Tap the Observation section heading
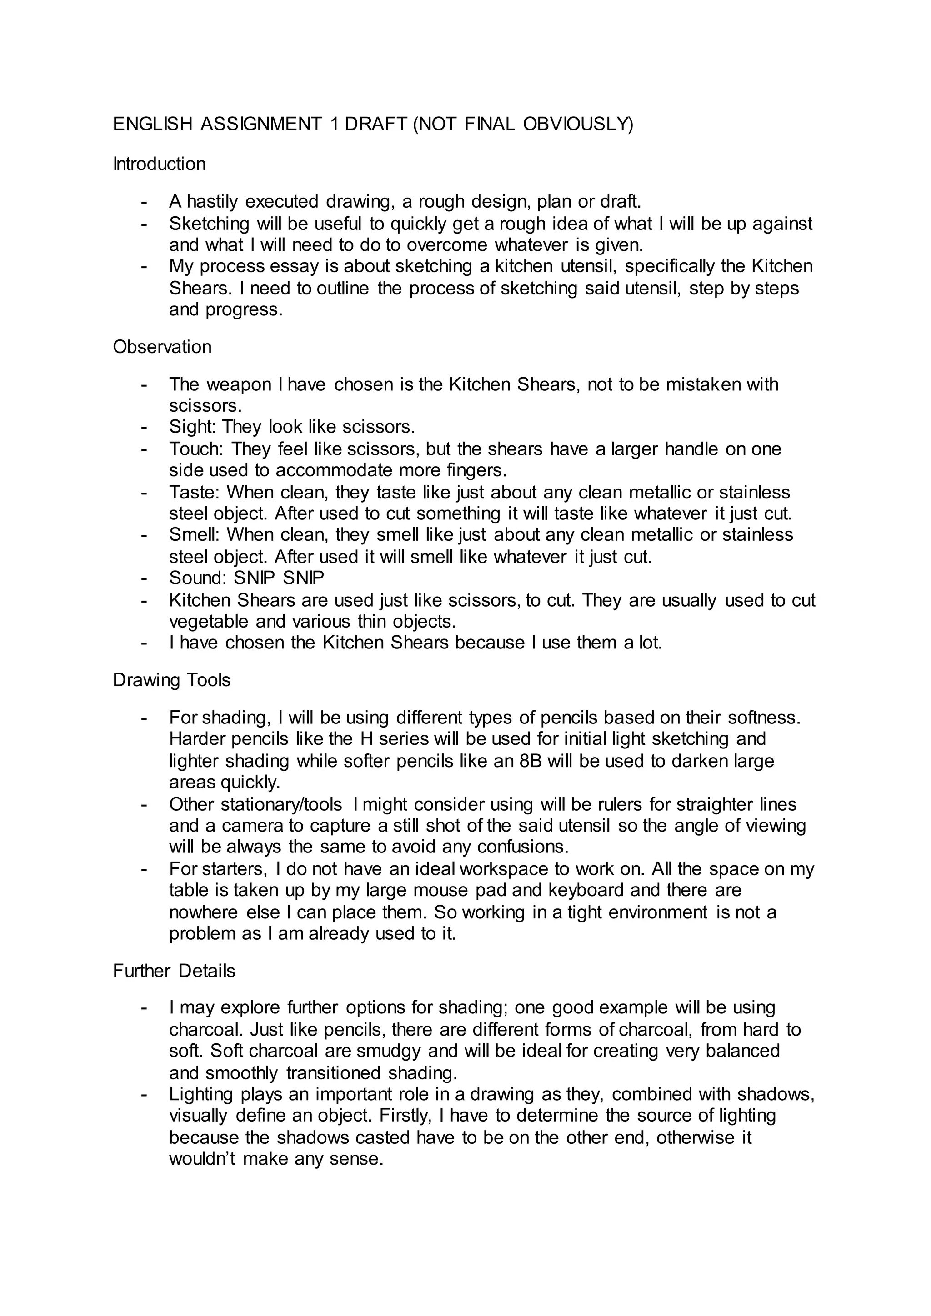click(x=162, y=347)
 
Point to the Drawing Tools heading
click(x=171, y=680)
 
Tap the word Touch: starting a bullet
click(x=197, y=449)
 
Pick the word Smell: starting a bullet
click(x=195, y=535)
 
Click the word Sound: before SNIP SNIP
click(x=198, y=578)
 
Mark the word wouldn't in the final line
click(x=202, y=1159)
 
